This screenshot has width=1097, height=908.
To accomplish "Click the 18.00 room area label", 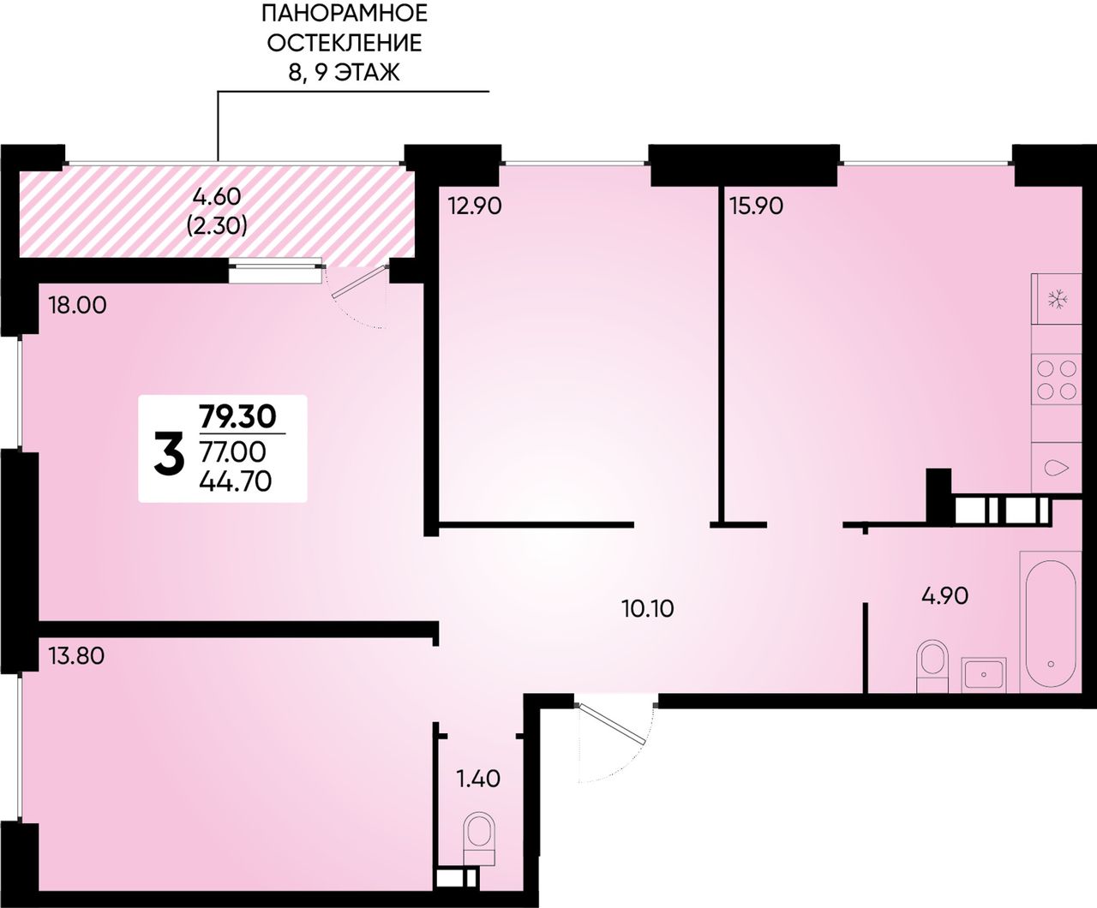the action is point(77,305).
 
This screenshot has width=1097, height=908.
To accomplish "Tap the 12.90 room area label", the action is point(475,206).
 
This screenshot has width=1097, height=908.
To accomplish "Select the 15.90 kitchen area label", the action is point(756,206).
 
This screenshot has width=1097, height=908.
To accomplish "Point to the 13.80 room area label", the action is point(77,656).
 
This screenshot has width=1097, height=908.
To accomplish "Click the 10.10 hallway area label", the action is point(647,609).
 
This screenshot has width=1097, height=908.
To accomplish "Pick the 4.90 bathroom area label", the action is point(945,596).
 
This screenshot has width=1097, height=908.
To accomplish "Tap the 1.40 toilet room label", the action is point(478,779).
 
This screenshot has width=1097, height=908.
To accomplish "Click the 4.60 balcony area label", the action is point(217,196).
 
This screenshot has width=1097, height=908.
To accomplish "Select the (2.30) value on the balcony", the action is point(217,226).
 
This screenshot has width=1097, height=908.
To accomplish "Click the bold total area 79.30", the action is point(237,417).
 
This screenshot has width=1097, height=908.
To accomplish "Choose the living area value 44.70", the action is point(236,481).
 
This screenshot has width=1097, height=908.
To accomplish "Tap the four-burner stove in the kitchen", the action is point(1057,379).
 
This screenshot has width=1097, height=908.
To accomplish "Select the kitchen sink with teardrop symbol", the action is point(1057,468).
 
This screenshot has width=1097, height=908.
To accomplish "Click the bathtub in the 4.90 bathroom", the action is point(1050,622).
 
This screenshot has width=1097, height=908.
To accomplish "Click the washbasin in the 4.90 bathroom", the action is point(984,675).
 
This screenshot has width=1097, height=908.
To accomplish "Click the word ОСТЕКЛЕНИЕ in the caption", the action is point(345,43).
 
